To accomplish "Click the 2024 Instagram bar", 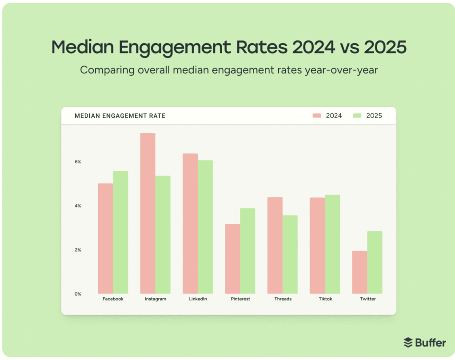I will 148,213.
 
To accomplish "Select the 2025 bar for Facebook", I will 120,232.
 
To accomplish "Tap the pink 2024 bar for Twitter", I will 359,272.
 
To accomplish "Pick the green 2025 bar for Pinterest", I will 247,251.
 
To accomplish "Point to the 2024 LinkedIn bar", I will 190,224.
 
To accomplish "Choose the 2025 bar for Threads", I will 290,254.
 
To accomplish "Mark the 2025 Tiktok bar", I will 332,244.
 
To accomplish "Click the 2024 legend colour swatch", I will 317,116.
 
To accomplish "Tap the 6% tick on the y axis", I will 78,162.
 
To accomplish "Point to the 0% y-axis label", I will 78,294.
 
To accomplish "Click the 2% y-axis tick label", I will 78,250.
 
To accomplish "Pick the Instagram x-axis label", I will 156,299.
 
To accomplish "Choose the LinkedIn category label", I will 198,299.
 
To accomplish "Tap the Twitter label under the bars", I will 368,299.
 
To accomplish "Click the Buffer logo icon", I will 408,343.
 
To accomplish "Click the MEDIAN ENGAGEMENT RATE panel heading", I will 120,116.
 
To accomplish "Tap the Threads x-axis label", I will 283,299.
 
